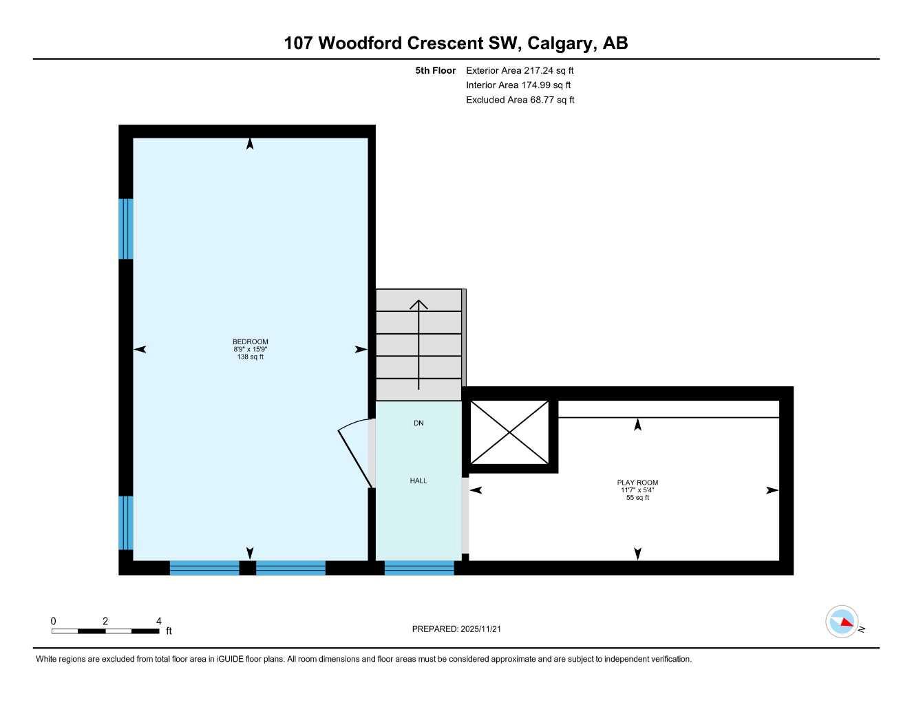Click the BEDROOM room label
click(250, 341)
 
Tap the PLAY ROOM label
click(637, 483)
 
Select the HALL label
click(418, 481)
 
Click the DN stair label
click(418, 423)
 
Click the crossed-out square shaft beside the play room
click(509, 432)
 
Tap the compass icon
click(842, 622)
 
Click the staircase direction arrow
click(418, 344)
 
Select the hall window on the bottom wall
click(418, 568)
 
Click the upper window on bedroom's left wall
click(125, 229)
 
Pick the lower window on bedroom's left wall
click(125, 523)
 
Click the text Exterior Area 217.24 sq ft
click(520, 70)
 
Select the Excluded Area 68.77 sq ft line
click(520, 100)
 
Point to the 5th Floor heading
click(435, 70)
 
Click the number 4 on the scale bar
click(159, 621)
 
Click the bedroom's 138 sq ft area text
click(250, 357)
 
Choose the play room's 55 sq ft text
click(637, 498)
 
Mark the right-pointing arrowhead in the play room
click(772, 490)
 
